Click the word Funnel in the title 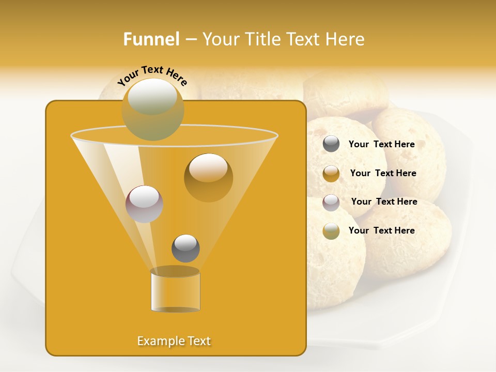(151, 39)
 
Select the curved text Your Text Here (152, 74)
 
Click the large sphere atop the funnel (153, 109)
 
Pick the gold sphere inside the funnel (208, 177)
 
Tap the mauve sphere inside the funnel (144, 204)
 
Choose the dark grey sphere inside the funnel (185, 248)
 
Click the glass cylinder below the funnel (175, 292)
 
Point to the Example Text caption (174, 341)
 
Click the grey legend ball (331, 144)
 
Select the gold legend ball (331, 174)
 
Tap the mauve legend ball (331, 203)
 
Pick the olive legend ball (331, 231)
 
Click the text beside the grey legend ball (381, 145)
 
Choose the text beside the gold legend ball (383, 174)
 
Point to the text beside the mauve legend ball (384, 202)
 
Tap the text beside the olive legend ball (381, 230)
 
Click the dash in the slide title (190, 40)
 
